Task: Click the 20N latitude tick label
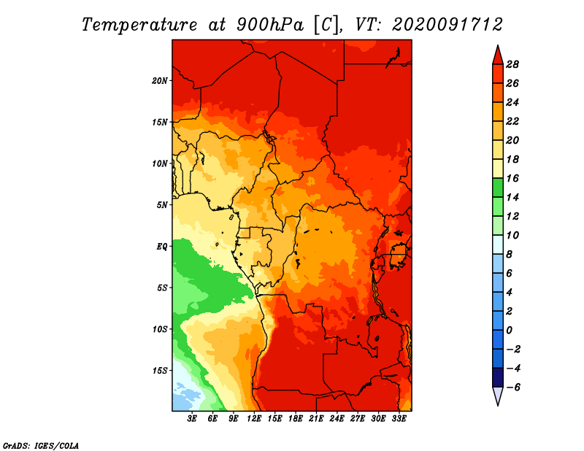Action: [160, 81]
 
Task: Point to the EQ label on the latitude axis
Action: [162, 247]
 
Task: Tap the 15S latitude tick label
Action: [160, 371]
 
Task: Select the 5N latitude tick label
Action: [162, 205]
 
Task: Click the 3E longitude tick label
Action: [192, 419]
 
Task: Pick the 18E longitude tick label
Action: [296, 419]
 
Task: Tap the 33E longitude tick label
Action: [399, 419]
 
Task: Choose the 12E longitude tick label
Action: [254, 419]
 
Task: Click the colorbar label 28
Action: [512, 65]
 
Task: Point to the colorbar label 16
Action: [512, 179]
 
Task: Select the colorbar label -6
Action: [513, 388]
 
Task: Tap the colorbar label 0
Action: [509, 331]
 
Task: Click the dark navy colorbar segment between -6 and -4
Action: [498, 377]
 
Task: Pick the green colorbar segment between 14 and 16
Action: [498, 188]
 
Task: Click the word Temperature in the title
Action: [139, 25]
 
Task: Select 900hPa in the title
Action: [269, 25]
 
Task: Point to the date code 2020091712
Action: [447, 25]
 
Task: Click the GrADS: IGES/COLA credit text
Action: [41, 446]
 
